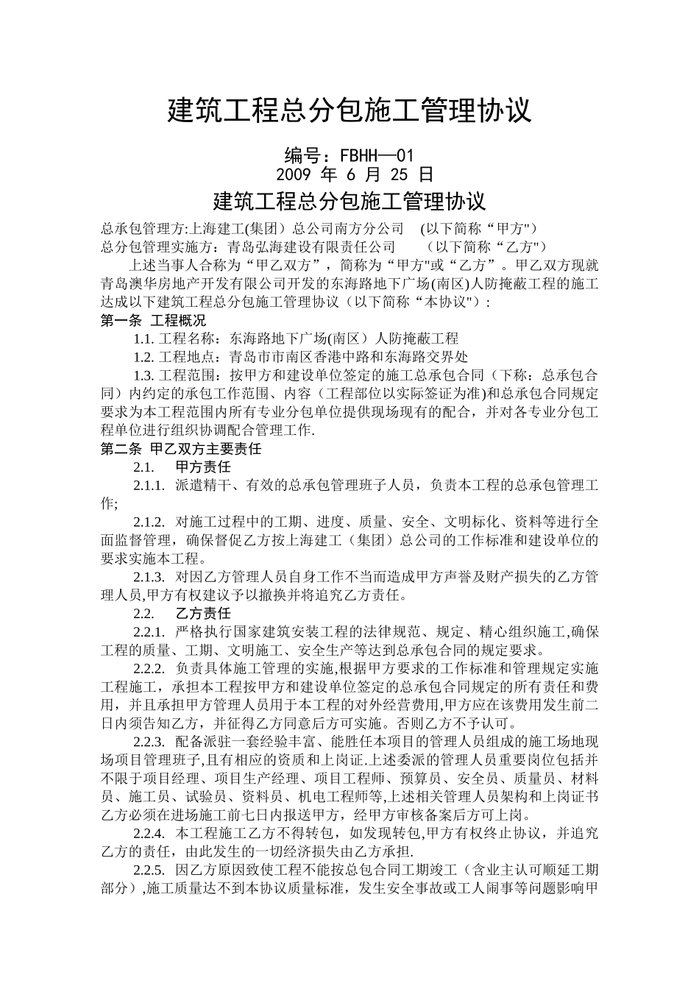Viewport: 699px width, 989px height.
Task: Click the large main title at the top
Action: point(349,111)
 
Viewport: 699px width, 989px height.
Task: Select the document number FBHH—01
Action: point(377,156)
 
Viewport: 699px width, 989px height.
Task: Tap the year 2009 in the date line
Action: point(294,175)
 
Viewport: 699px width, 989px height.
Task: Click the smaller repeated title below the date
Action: point(349,201)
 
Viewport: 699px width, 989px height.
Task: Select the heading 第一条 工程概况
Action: point(153,320)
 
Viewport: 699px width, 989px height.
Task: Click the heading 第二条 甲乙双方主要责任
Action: point(181,448)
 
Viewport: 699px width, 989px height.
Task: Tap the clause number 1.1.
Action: point(143,338)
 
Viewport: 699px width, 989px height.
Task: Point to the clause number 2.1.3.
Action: point(150,576)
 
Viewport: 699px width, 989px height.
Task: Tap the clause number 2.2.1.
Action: point(150,631)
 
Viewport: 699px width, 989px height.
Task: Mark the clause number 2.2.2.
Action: point(150,668)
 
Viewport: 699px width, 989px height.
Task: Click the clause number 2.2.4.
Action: point(150,833)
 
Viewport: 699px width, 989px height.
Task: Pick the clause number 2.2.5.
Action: point(150,870)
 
